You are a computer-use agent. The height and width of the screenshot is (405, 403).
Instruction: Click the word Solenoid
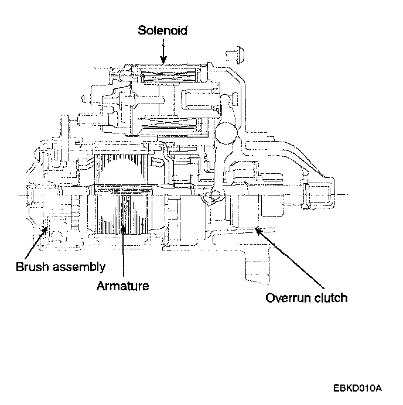pos(163,30)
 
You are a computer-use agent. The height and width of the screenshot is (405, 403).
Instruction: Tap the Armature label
pos(124,286)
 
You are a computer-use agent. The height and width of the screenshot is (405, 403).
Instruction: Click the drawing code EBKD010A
pos(358,387)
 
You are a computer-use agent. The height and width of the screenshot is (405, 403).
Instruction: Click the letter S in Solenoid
pos(142,30)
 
